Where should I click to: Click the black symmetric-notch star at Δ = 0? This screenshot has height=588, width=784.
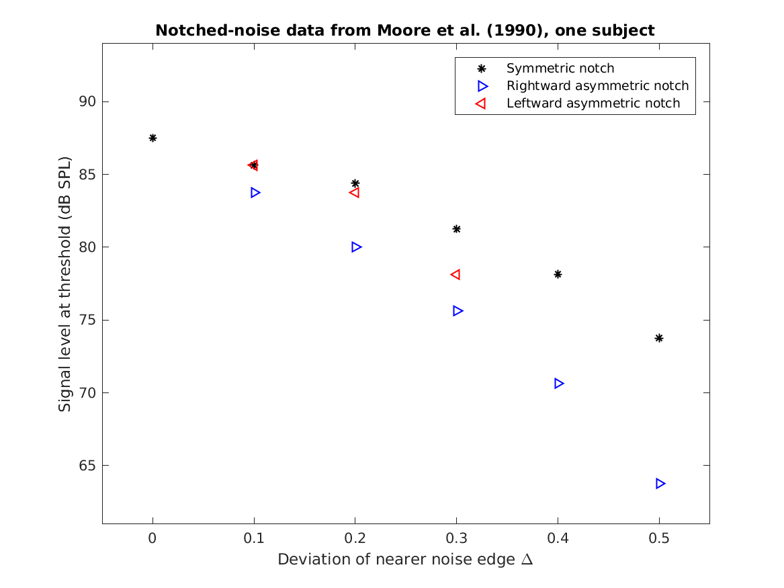tap(153, 138)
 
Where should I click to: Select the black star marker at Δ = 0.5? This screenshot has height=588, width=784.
tap(659, 338)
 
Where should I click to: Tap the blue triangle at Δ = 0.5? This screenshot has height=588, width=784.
tap(660, 483)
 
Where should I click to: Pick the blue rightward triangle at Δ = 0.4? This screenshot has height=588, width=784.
tap(559, 383)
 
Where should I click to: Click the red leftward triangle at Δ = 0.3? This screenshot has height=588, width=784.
tap(455, 274)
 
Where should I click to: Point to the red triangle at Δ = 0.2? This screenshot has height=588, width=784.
tap(354, 192)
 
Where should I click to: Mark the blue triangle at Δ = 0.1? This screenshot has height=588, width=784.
tap(255, 192)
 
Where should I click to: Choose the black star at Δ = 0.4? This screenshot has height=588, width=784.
tap(558, 274)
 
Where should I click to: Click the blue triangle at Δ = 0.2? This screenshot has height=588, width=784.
tap(357, 247)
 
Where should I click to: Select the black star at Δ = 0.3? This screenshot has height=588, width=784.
tap(456, 229)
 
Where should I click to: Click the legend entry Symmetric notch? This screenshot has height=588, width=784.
tap(560, 68)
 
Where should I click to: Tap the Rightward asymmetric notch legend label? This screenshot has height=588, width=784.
tap(597, 85)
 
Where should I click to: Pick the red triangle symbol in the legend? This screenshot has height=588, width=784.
tap(480, 103)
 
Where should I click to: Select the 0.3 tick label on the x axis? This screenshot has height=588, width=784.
tap(456, 538)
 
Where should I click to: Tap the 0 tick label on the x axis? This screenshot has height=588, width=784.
tap(153, 538)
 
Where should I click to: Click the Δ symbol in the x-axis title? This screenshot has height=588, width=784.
tap(527, 560)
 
